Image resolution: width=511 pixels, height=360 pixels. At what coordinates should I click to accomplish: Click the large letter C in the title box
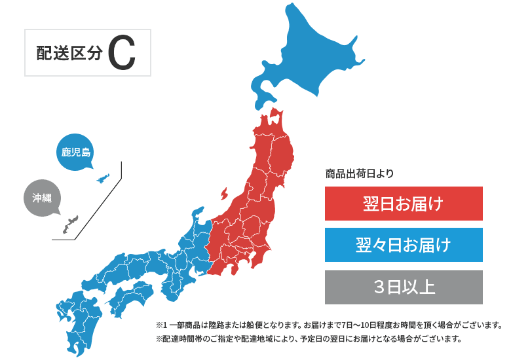[122, 54]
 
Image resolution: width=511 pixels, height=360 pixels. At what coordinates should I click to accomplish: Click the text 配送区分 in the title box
[69, 54]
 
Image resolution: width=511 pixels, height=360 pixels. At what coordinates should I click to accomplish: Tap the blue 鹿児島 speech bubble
[75, 153]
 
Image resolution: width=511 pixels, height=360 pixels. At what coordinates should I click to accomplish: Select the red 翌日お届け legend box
[404, 204]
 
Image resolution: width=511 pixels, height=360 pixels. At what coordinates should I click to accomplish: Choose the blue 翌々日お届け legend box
[404, 245]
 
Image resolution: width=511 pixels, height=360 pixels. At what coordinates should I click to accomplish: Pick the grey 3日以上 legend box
[404, 287]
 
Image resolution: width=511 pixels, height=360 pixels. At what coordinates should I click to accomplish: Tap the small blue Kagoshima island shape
[102, 179]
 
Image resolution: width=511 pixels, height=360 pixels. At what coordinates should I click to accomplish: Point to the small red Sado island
[224, 194]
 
